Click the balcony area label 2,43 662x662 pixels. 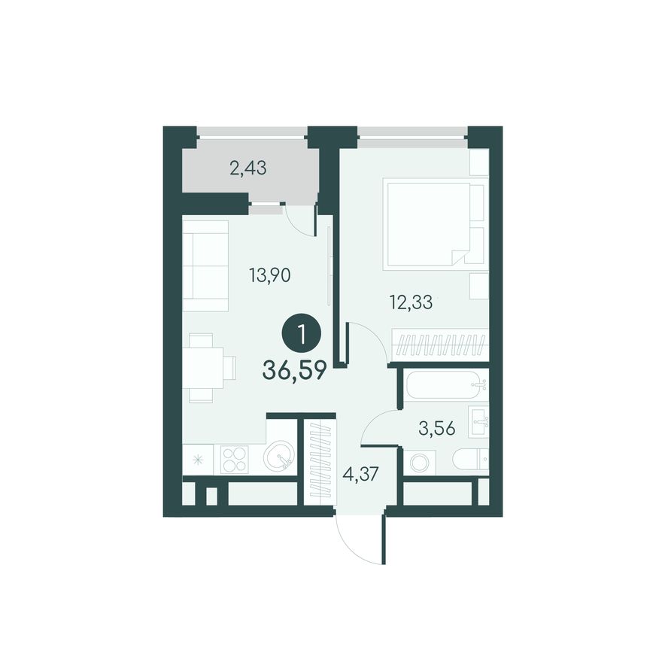coord(247,169)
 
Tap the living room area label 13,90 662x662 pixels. coord(270,275)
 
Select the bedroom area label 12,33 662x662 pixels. coord(411,302)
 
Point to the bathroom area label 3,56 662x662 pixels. coord(437,429)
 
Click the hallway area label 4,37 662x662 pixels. coord(360,475)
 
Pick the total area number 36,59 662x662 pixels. coord(294,371)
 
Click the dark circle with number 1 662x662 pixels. coord(302,336)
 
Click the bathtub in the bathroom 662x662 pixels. coord(444,384)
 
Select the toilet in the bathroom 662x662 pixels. coord(470,461)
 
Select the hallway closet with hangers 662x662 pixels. coord(320,461)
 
